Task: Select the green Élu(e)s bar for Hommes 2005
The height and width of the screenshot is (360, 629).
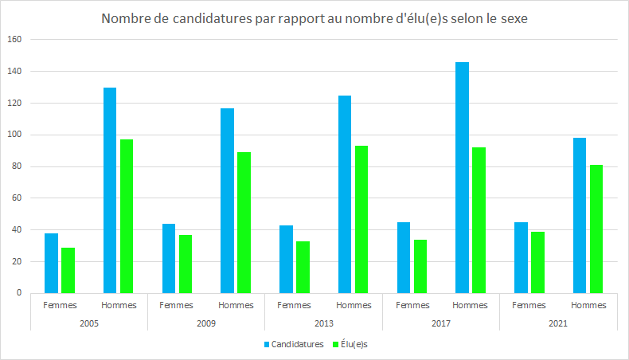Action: click(x=127, y=216)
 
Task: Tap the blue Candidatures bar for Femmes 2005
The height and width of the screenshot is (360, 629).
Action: click(x=52, y=263)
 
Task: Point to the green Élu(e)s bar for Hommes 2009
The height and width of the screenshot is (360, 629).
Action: click(x=244, y=222)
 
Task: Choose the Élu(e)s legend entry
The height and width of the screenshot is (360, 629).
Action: click(x=356, y=344)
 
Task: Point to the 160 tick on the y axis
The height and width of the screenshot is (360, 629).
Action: click(x=17, y=39)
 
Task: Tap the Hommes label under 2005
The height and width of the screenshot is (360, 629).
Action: click(x=119, y=305)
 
